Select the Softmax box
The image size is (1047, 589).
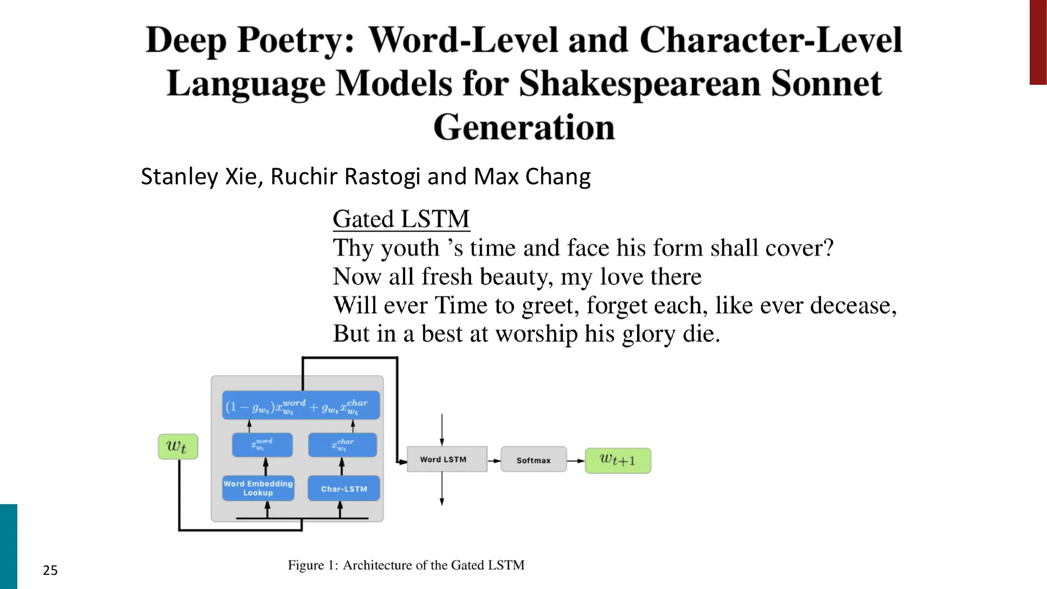[x=533, y=460]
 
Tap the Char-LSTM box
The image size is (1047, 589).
[x=343, y=488]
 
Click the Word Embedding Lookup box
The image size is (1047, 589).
[x=258, y=488]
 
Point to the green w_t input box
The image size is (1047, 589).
[x=178, y=447]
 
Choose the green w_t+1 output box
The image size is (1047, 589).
[x=618, y=461]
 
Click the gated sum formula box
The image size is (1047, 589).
[x=300, y=405]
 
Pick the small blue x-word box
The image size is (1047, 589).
[x=262, y=445]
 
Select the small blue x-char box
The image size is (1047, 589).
[x=342, y=445]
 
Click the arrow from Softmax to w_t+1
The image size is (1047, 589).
[x=576, y=461]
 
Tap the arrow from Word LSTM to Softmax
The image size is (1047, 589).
[x=494, y=461]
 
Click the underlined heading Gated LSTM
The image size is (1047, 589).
[x=401, y=219]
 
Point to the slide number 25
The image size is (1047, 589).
[x=50, y=570]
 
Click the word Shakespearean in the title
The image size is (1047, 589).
[x=639, y=84]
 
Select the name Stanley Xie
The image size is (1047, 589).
[x=201, y=176]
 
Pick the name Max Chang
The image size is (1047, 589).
[x=532, y=176]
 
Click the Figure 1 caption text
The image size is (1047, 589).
[x=406, y=565]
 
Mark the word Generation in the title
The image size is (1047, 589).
[x=524, y=127]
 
